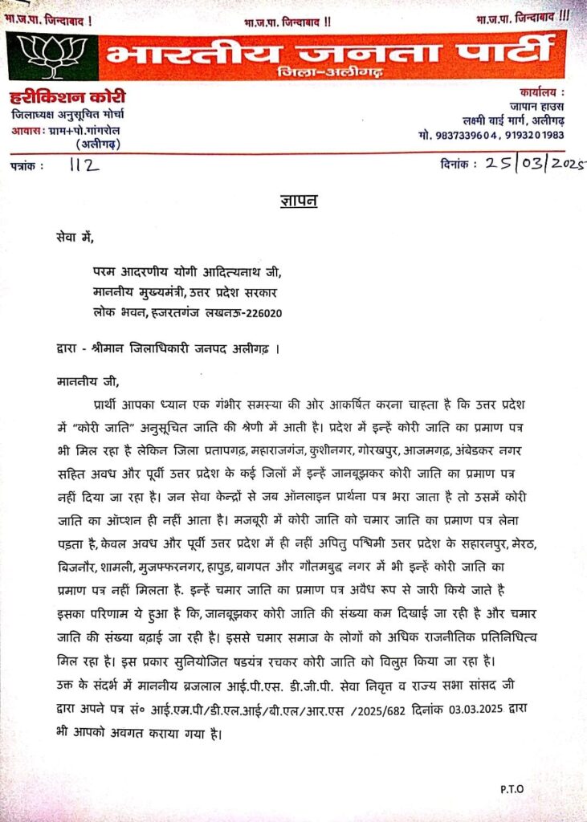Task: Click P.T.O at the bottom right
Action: (511, 788)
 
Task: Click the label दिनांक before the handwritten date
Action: (459, 164)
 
